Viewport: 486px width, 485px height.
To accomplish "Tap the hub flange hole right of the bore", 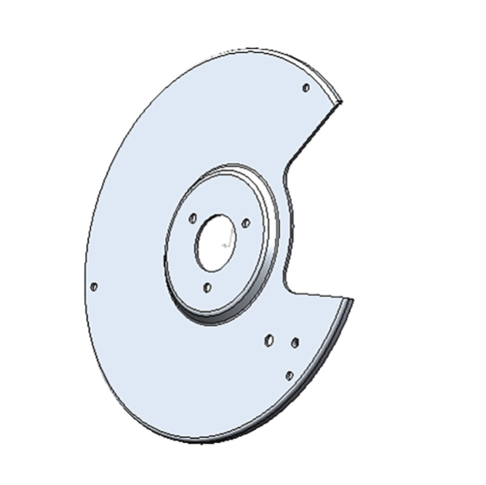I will (246, 223).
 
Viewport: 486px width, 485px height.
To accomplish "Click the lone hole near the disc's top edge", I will (306, 87).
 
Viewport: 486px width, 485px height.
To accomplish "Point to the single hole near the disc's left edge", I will (94, 287).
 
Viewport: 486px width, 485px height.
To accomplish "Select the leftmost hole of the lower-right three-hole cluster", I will (269, 340).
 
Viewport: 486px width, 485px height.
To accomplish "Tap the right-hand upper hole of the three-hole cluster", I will (295, 342).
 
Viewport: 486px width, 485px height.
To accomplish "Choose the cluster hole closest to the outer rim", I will (290, 375).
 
